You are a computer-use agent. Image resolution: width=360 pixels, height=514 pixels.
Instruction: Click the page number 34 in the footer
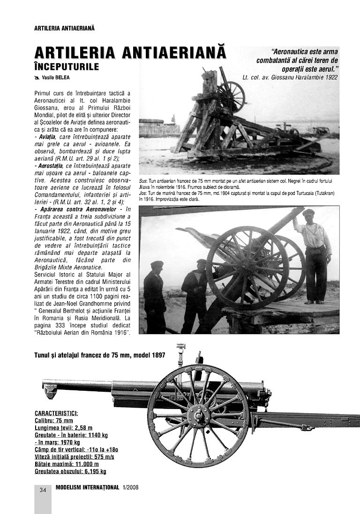tap(43, 490)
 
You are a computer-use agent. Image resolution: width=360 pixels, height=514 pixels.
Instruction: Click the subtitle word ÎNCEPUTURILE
tap(67, 67)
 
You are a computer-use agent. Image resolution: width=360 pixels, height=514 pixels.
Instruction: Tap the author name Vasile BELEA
tap(59, 78)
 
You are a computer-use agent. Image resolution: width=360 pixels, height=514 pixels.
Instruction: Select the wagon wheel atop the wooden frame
tap(231, 97)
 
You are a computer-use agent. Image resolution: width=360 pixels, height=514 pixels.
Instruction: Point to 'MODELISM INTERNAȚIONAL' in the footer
tap(87, 487)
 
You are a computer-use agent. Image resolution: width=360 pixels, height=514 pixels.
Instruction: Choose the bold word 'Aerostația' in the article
tap(51, 166)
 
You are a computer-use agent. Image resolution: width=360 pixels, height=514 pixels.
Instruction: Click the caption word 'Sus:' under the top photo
tap(143, 180)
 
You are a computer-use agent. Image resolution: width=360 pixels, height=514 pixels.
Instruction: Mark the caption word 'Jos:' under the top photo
tap(143, 193)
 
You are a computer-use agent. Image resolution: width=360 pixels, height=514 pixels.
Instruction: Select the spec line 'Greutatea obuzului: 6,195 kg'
tap(71, 471)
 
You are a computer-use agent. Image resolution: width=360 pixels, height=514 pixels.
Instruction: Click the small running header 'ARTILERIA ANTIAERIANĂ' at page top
tap(65, 28)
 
